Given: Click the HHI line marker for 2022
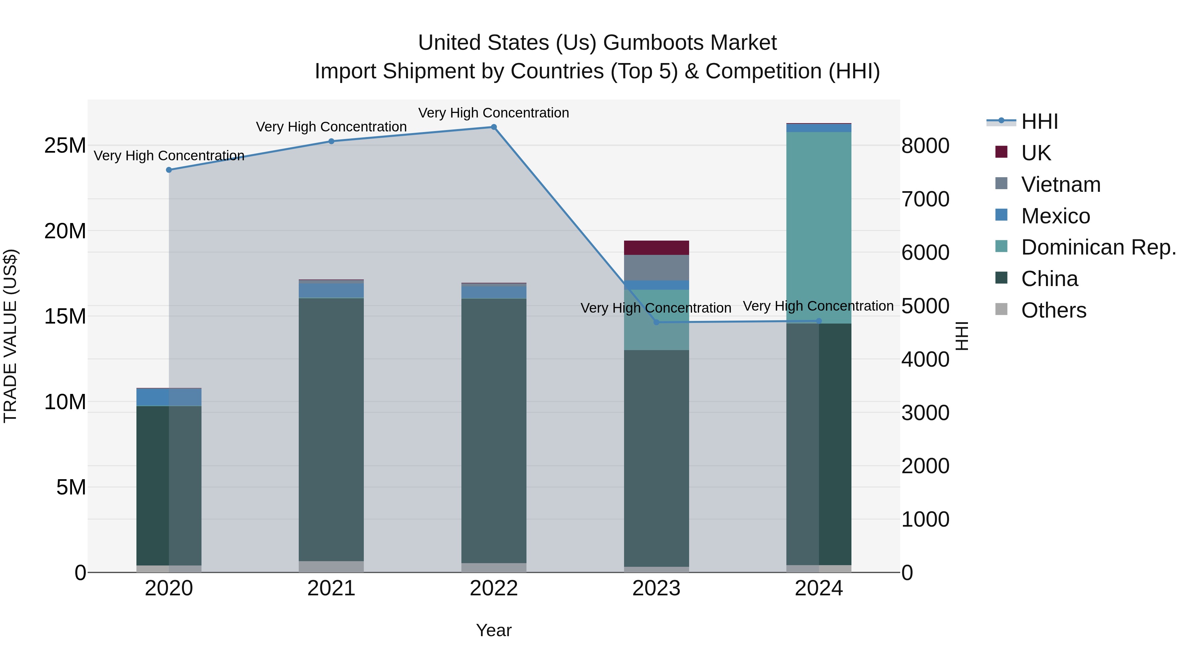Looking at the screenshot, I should click(x=494, y=127).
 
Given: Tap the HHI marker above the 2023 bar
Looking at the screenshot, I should click(x=656, y=322).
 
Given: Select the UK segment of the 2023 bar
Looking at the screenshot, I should click(x=656, y=248).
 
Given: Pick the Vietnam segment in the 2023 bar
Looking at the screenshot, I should click(x=656, y=267).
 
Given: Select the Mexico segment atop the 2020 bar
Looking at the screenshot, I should click(x=169, y=397).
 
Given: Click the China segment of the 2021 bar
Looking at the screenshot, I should click(x=331, y=429).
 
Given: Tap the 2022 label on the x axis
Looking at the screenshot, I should click(x=494, y=588).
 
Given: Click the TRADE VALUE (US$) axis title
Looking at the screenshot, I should click(x=10, y=336).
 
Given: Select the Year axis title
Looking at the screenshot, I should click(x=494, y=630).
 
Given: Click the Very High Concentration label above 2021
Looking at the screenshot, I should click(x=331, y=127).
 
